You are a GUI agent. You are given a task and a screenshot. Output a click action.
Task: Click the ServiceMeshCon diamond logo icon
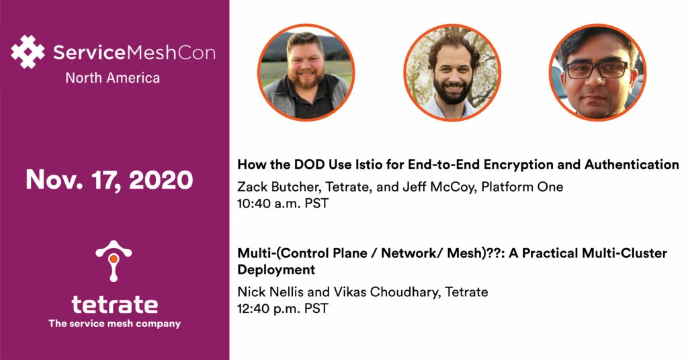pos(28,52)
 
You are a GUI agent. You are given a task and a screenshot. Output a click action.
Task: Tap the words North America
pos(113,78)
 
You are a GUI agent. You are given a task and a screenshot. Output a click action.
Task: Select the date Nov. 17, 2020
pos(110,180)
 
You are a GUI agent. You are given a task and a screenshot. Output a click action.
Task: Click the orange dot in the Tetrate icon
pos(114,259)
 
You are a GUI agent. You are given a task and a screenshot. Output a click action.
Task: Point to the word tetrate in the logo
pos(114,305)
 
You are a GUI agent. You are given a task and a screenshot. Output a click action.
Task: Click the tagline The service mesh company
pos(114,324)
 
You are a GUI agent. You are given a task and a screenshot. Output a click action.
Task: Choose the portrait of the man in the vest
pos(306,73)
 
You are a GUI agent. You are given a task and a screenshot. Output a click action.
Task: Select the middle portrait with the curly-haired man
pos(452,73)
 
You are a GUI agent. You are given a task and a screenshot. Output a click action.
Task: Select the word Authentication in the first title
pos(632,165)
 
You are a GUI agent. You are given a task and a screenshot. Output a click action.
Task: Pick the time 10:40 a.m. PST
pos(283,204)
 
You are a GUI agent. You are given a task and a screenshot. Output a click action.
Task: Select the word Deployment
pos(276,270)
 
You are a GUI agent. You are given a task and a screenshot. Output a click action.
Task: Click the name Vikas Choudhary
pos(386,292)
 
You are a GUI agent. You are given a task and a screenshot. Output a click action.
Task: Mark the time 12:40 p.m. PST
pos(283,308)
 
